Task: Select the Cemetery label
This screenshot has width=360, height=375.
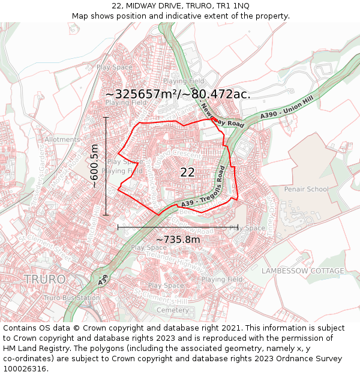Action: [172, 310]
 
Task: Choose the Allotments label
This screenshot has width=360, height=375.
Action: [62, 140]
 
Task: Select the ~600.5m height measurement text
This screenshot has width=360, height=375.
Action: [94, 166]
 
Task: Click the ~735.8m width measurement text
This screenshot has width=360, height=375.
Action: [178, 240]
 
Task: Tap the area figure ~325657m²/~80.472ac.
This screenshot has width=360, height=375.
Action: [178, 94]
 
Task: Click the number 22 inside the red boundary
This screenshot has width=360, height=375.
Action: [187, 172]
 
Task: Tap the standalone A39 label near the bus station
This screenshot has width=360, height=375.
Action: [103, 280]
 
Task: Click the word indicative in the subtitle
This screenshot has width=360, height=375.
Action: [203, 16]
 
